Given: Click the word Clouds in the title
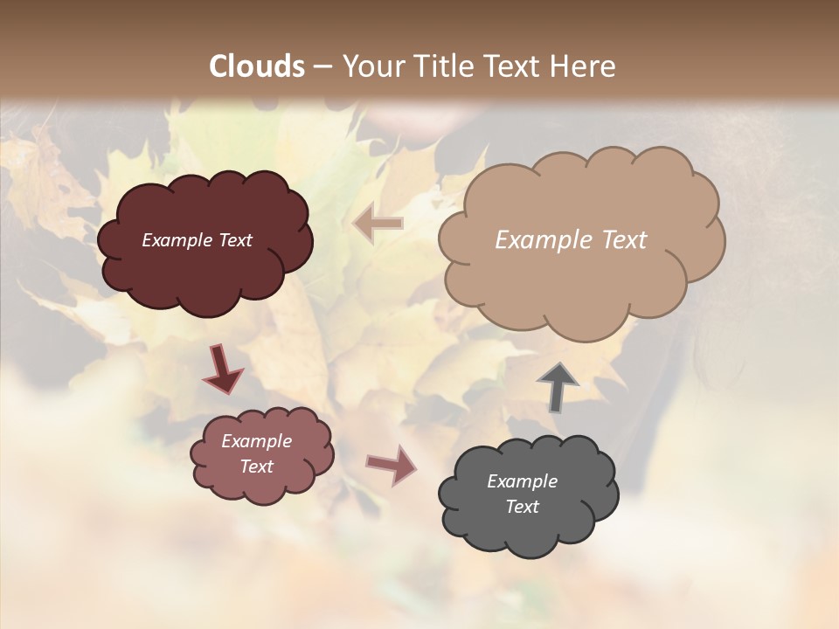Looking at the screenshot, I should tap(257, 66).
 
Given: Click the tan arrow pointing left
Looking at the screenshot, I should tap(378, 224).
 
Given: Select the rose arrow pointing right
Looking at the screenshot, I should tap(391, 464).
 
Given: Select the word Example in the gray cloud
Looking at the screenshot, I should tap(522, 481).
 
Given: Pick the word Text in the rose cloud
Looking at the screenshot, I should tap(257, 467).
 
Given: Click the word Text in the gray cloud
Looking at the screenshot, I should tap(523, 507).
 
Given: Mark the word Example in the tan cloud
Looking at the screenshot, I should tap(542, 240).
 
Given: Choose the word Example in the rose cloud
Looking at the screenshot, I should tap(257, 441).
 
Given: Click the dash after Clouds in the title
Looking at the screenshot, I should tap(322, 66).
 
